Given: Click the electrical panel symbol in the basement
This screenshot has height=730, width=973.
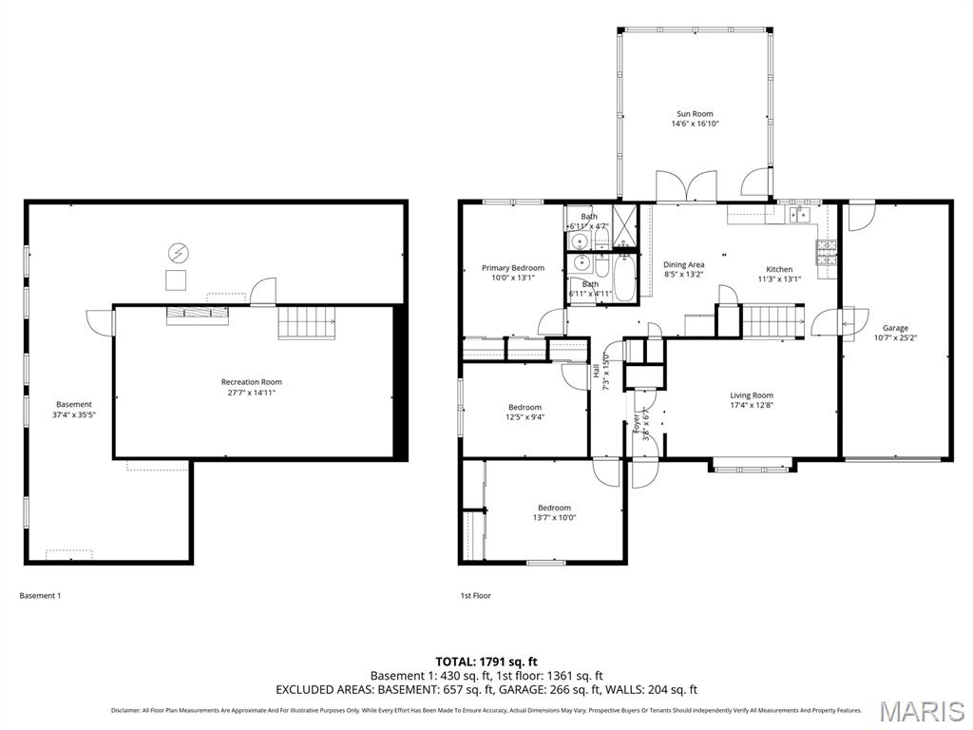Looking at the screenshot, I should pos(177,253).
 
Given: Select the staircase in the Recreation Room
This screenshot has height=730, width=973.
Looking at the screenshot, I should pos(308,323).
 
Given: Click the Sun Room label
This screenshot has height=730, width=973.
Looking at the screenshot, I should pos(695,114).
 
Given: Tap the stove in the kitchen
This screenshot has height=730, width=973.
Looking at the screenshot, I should pos(826,251).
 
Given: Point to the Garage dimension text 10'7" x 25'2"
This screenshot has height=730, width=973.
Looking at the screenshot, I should pos(895,337).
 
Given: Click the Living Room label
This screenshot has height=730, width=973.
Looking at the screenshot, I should pos(751,395).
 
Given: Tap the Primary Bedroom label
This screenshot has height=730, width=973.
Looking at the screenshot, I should pos(512,268).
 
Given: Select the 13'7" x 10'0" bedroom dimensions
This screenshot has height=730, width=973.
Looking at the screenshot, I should pos(554,518).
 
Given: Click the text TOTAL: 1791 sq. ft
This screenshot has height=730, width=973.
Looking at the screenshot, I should pos(486,662).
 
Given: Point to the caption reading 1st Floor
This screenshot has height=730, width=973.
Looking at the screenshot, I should pos(475,596).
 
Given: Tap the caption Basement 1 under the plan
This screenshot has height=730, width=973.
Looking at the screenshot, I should pos(40,596).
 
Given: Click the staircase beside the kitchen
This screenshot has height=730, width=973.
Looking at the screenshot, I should pos(771,321).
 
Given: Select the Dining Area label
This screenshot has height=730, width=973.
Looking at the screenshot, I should pos(683,265).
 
